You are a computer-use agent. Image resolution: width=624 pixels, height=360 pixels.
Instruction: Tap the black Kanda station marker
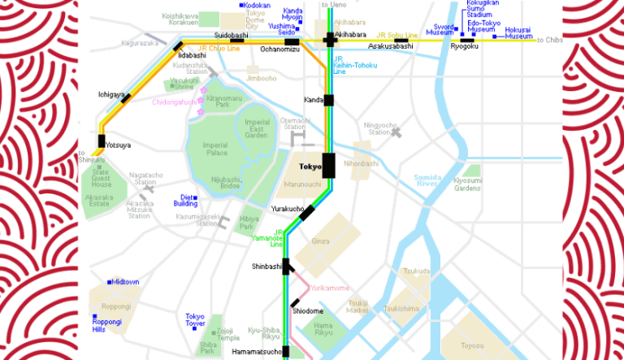(x=329, y=100)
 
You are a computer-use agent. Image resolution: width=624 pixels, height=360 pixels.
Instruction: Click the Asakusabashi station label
(x=391, y=47)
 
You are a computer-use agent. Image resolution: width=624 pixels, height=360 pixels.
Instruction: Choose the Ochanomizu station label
(x=279, y=50)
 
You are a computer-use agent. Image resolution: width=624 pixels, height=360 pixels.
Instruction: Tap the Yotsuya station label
(x=117, y=145)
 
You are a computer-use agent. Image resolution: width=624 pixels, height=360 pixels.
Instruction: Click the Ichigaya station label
(x=110, y=94)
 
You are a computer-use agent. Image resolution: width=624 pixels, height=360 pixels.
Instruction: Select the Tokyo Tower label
(x=195, y=319)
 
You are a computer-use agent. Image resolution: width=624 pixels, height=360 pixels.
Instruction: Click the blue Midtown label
(x=126, y=282)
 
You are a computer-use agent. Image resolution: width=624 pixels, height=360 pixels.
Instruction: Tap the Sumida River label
(x=427, y=180)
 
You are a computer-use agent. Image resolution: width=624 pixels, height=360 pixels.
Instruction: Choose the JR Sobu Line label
(x=400, y=36)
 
